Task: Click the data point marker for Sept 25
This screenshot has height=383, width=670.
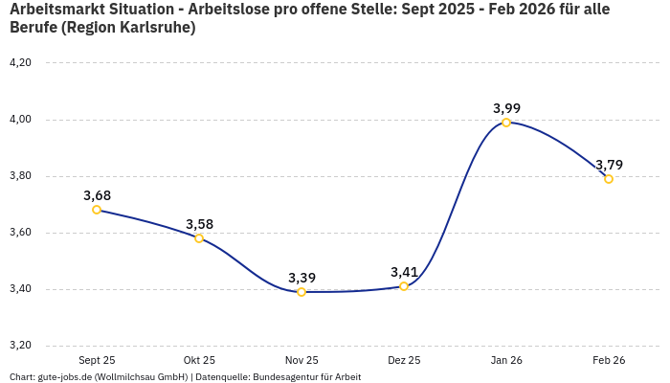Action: pos(97,210)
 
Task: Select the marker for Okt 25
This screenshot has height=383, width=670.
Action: pos(199,238)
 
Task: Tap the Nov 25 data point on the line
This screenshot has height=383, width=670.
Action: pos(301,292)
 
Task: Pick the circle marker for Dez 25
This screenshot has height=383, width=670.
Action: pos(404,286)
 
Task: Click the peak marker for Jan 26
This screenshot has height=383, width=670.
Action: pos(506,123)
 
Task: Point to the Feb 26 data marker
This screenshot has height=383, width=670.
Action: pos(609,179)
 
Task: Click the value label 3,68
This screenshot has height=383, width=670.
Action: pos(97,195)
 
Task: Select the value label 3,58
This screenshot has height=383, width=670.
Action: pos(199,224)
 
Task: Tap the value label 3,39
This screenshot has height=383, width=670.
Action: pos(301,278)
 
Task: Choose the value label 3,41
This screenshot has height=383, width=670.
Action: pos(404,272)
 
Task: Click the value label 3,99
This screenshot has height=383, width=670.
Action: pos(506,108)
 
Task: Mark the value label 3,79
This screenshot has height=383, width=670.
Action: pos(609,165)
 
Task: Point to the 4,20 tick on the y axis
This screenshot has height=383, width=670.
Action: pos(20,63)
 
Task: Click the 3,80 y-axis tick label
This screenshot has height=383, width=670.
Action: pos(20,176)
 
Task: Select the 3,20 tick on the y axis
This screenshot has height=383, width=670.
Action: pos(20,346)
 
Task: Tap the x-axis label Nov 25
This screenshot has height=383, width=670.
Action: pos(301,360)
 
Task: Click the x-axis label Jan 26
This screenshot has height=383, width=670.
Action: pos(506,360)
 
